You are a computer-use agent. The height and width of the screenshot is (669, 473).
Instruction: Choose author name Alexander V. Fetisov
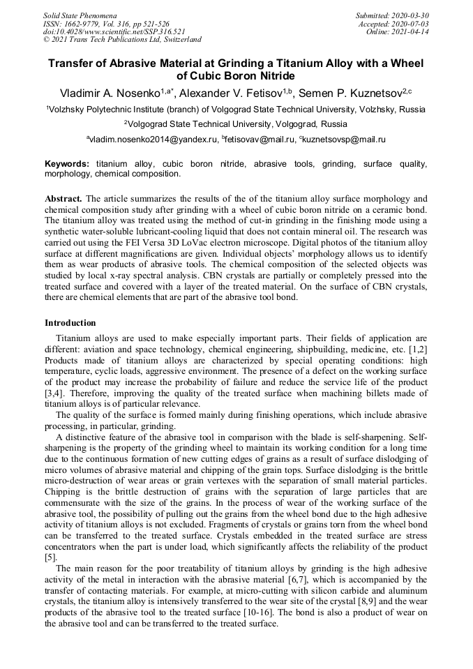[x=234, y=93]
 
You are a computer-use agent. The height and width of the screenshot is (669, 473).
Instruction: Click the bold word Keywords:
[x=67, y=164]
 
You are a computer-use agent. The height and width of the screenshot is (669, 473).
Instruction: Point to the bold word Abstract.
[x=63, y=199]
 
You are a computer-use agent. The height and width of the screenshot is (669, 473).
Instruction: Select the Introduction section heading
[x=70, y=323]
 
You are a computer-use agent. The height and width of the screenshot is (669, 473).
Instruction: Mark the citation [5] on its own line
[x=50, y=559]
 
